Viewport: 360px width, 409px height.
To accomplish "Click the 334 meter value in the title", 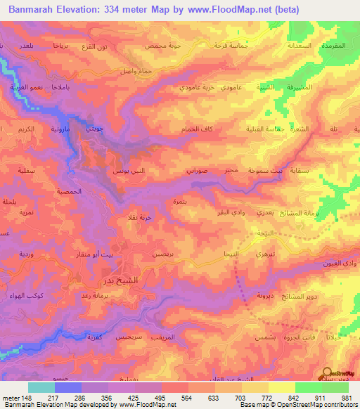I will coord(124,9).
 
